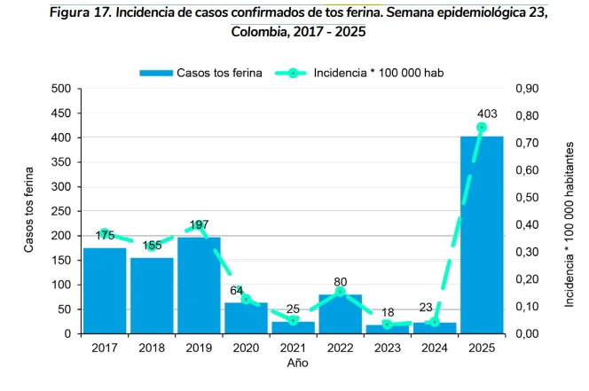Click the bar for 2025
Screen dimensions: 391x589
pyautogui.click(x=482, y=235)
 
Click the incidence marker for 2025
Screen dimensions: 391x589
pyautogui.click(x=482, y=127)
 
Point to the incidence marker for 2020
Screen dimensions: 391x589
pyautogui.click(x=246, y=300)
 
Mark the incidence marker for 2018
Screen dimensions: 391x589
pyautogui.click(x=152, y=246)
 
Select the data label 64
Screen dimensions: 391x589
pyautogui.click(x=237, y=291)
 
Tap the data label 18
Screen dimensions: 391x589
pyautogui.click(x=388, y=313)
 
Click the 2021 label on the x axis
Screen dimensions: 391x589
pyautogui.click(x=293, y=348)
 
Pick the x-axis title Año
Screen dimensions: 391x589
pyautogui.click(x=298, y=364)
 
